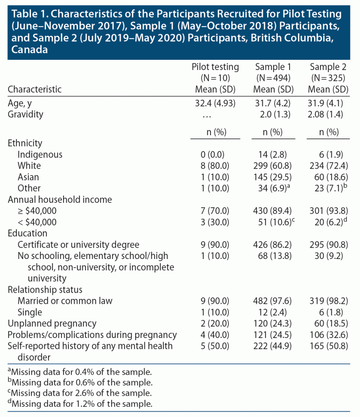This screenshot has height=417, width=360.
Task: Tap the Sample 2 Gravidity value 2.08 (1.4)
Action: [328, 114]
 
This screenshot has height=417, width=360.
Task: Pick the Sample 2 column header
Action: [328, 67]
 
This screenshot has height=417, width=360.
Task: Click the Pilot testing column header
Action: [215, 67]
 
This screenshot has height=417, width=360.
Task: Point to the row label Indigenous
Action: [40, 154]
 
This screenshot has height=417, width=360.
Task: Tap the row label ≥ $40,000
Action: [37, 211]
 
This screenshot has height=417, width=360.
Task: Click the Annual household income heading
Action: [60, 200]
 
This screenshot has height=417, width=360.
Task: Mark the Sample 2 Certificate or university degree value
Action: [328, 245]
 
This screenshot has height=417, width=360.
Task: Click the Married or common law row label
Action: [65, 301]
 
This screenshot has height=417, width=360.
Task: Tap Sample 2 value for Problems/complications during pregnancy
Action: [328, 335]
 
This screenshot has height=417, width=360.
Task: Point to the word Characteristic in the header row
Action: [35, 89]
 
